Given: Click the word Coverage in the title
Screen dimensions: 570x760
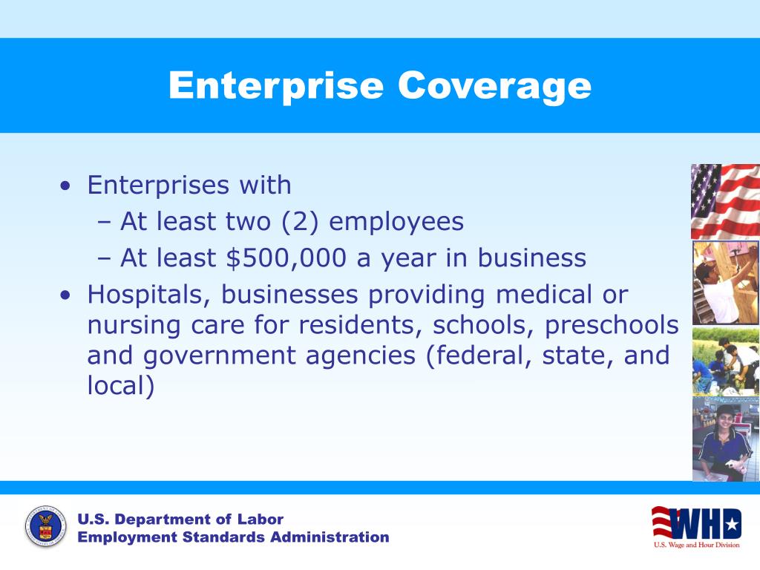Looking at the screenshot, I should (x=494, y=86).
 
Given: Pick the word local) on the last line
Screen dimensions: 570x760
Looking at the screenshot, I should (x=121, y=387).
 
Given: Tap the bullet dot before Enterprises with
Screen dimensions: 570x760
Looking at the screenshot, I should (x=68, y=186).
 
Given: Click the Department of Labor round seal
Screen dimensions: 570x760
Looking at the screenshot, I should (x=45, y=528).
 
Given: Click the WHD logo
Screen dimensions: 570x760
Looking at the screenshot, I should (x=695, y=525).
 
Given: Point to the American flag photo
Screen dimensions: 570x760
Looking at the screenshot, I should (x=725, y=201).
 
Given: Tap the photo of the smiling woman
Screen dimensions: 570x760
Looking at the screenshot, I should (x=725, y=439).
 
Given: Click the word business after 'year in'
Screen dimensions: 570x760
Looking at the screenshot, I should (x=532, y=258).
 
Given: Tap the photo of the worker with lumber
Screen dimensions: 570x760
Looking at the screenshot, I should (x=725, y=283).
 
